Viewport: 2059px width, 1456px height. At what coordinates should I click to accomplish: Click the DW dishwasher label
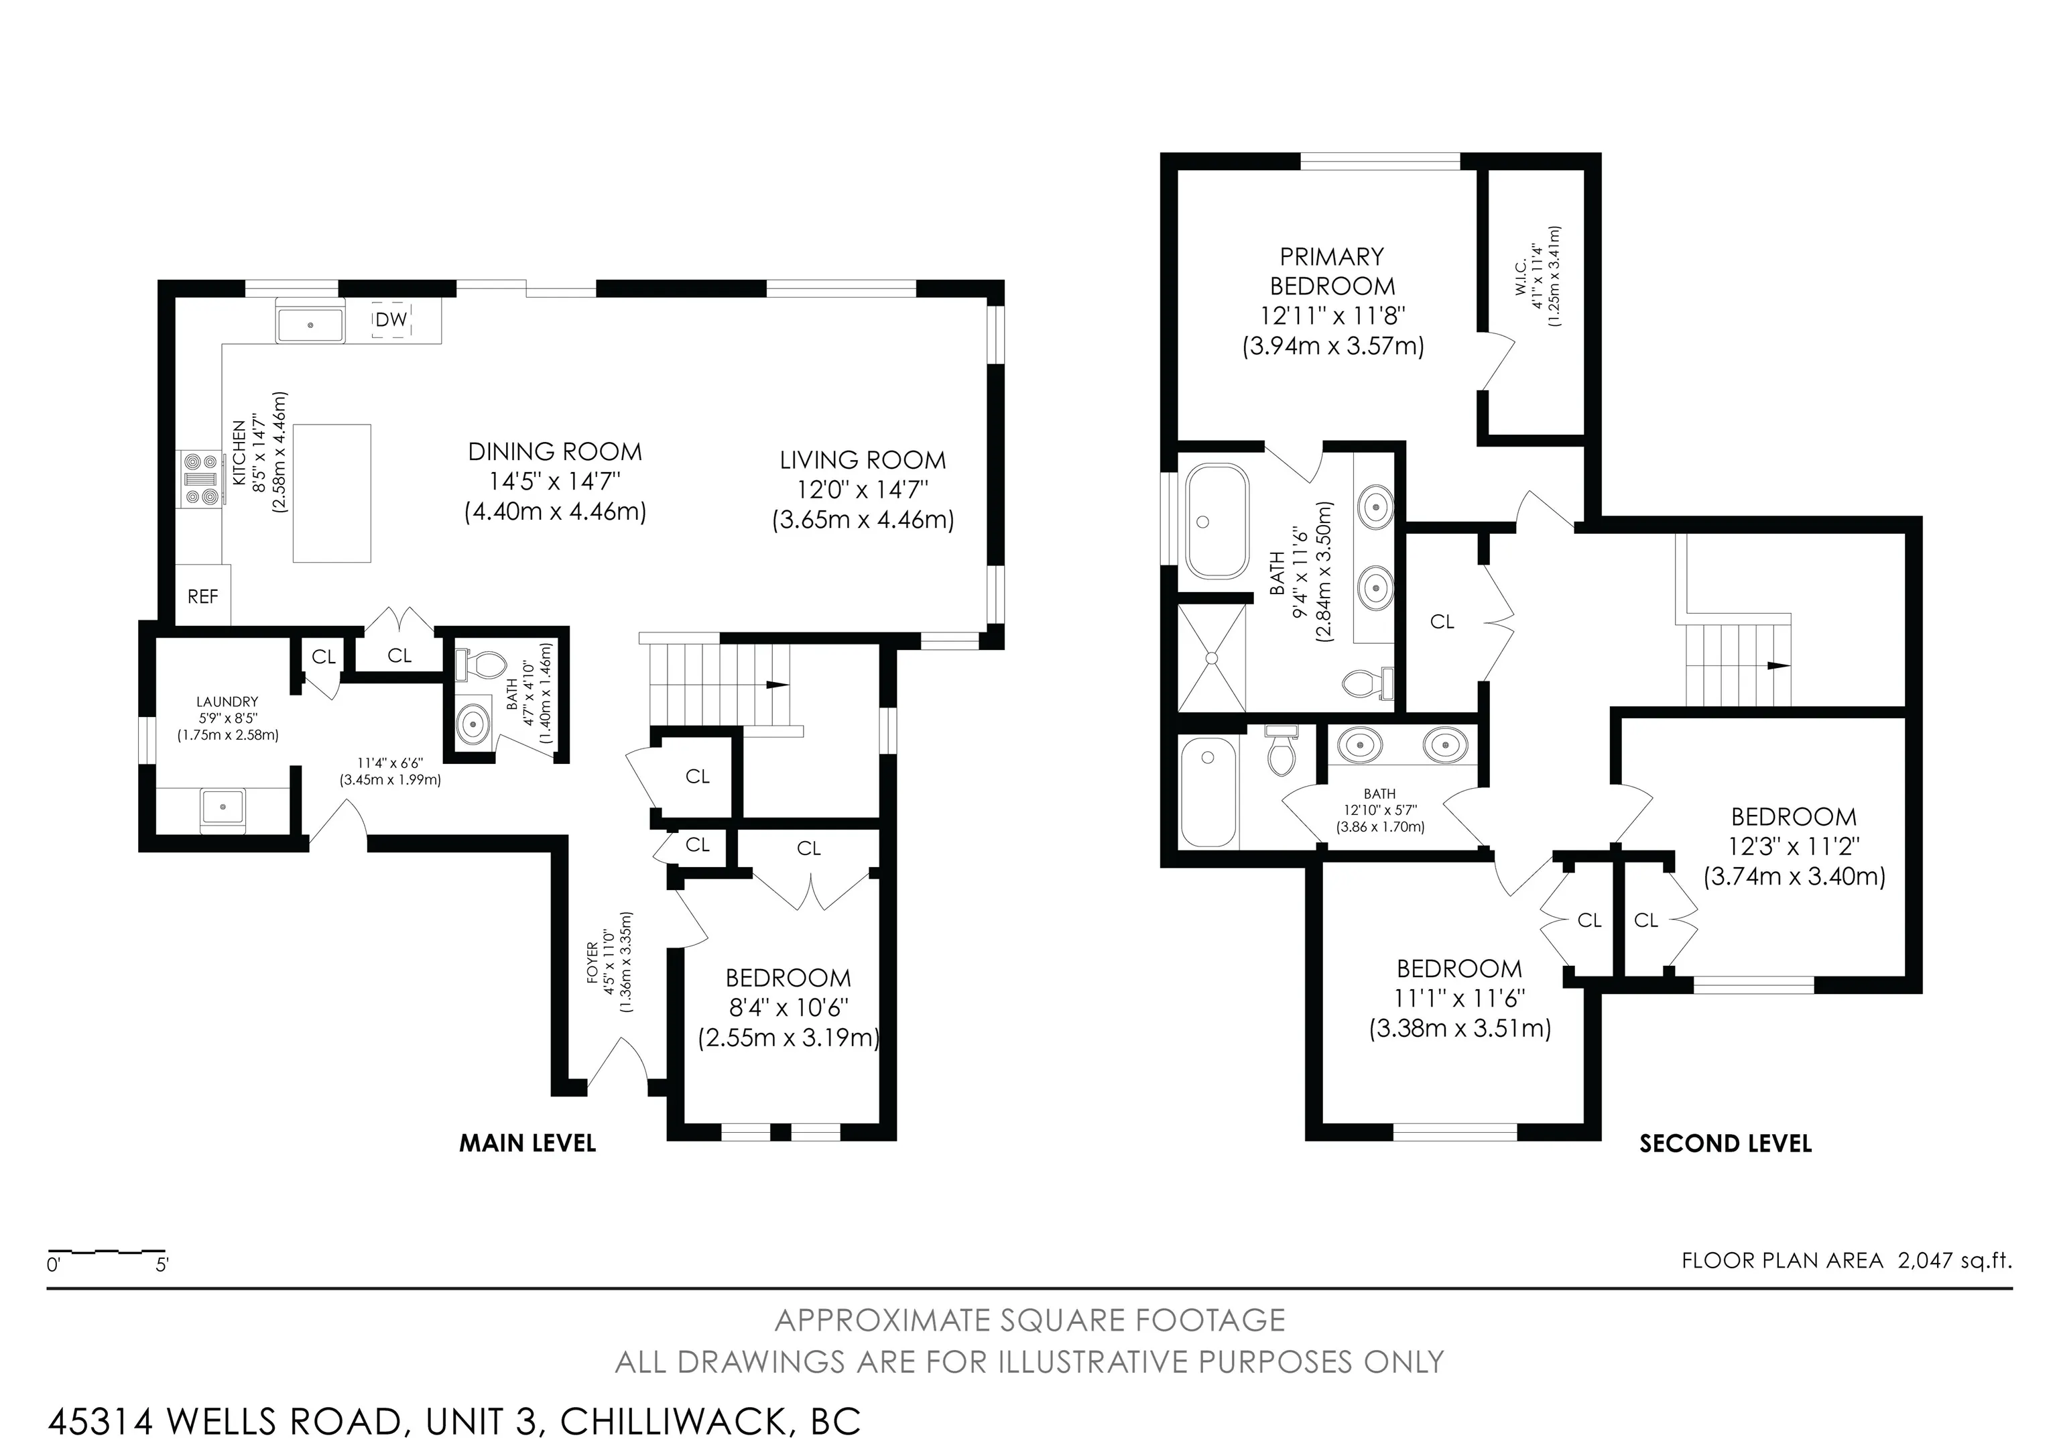[x=391, y=319]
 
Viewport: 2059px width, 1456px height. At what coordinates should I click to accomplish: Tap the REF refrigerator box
[x=202, y=596]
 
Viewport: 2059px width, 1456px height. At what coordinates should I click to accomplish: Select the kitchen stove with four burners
[x=200, y=480]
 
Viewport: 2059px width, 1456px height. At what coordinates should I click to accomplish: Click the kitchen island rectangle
[x=332, y=494]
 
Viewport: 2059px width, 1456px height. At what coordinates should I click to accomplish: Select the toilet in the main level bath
[x=481, y=665]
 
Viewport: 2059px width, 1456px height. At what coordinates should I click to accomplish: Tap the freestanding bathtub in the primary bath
[x=1217, y=521]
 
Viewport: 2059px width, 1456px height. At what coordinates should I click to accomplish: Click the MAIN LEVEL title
[x=527, y=1143]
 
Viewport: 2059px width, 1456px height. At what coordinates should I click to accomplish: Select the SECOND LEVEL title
[x=1725, y=1143]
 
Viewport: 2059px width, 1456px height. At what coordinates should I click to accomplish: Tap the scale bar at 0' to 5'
[x=107, y=1251]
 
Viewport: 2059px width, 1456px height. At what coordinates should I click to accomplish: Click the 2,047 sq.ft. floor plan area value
[x=1955, y=1260]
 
